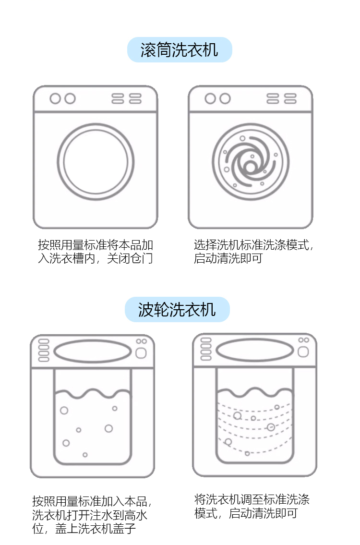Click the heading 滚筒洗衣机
179,50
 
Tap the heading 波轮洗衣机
177,310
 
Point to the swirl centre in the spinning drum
250,167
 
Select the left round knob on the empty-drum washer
55,98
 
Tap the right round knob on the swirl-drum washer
225,98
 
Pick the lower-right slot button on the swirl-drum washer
290,101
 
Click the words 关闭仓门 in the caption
130,258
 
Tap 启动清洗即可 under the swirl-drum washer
228,258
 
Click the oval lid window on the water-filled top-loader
92,351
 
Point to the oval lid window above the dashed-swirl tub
254,350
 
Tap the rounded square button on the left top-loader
141,353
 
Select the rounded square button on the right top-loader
303,352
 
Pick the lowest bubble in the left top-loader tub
85,454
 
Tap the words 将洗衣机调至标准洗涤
252,499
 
